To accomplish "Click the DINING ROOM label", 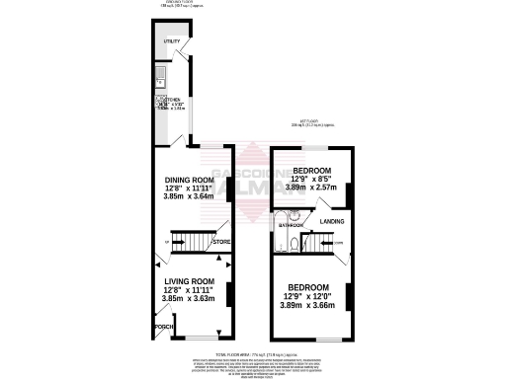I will pyautogui.click(x=189, y=180).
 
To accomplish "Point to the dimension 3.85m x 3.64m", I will pyautogui.click(x=189, y=197).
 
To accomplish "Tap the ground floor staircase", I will pyautogui.click(x=192, y=239).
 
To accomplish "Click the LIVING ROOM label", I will pyautogui.click(x=189, y=280).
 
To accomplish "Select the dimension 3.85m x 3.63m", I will pyautogui.click(x=189, y=298).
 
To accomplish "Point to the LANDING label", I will pyautogui.click(x=333, y=221).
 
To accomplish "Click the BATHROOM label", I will pyautogui.click(x=290, y=226).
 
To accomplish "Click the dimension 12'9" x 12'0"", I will pyautogui.click(x=308, y=297).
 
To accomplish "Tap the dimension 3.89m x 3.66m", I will pyautogui.click(x=308, y=306).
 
